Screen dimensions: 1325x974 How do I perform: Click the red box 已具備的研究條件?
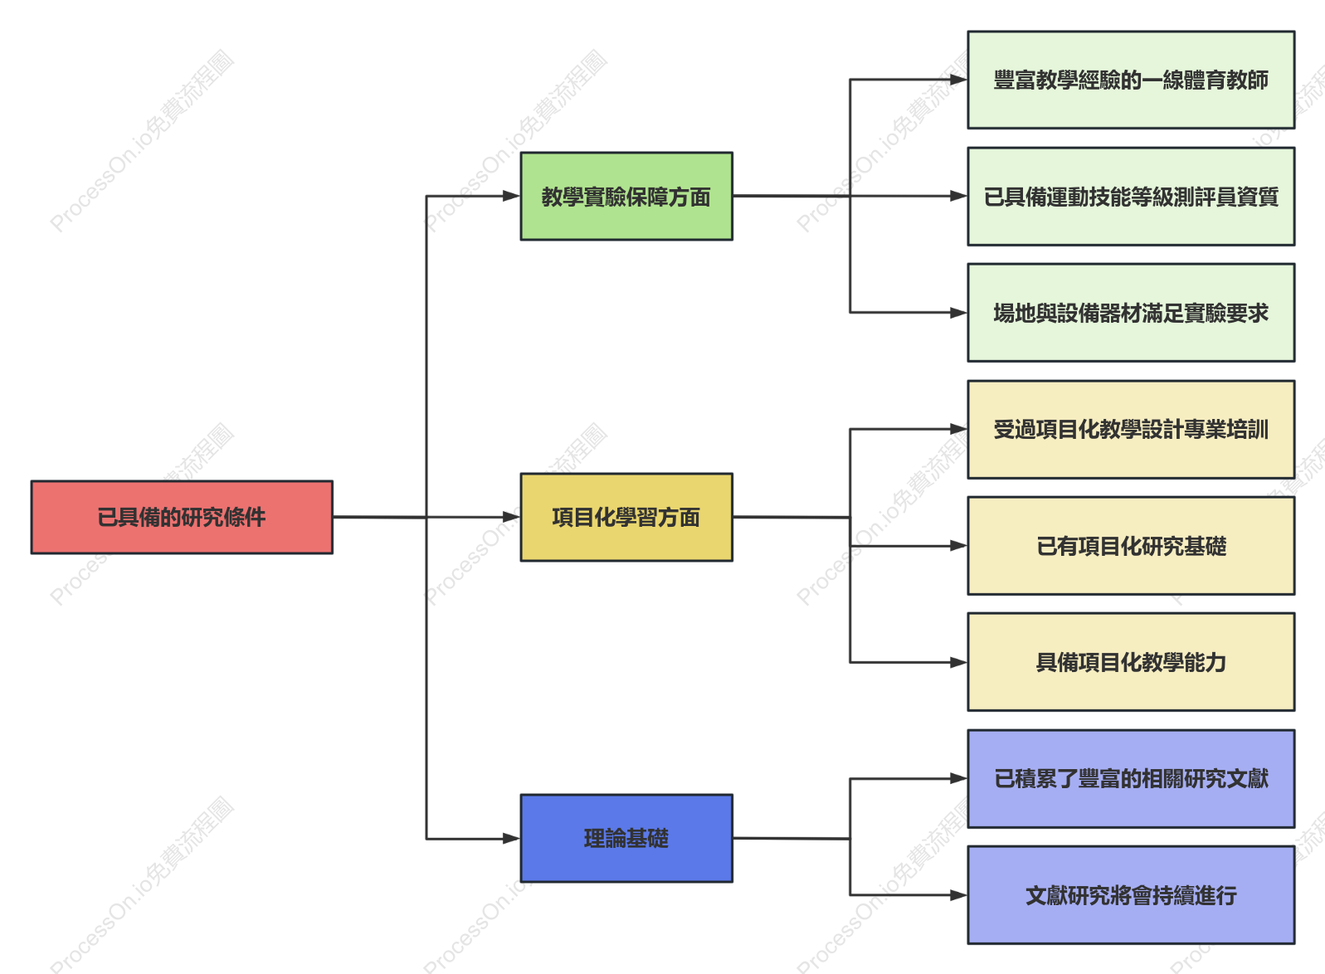click(x=182, y=517)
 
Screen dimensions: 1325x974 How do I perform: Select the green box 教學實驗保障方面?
click(x=626, y=197)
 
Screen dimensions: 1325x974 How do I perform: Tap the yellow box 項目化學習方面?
click(x=626, y=517)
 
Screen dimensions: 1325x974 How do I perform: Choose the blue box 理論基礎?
click(x=626, y=838)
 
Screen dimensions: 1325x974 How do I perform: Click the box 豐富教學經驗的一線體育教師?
click(x=1131, y=80)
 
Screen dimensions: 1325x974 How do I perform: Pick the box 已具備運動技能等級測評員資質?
click(x=1131, y=197)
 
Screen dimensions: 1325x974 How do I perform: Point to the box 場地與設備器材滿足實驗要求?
click(x=1131, y=313)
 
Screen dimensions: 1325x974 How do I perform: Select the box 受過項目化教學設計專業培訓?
click(x=1131, y=430)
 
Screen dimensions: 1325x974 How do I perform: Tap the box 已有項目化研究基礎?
click(x=1131, y=546)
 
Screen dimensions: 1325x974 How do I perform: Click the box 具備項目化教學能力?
click(x=1131, y=662)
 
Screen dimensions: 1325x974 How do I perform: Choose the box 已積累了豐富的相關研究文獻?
click(x=1131, y=779)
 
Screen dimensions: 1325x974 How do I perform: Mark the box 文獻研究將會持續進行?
click(x=1131, y=895)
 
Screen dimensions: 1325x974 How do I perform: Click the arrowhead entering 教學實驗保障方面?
click(x=512, y=196)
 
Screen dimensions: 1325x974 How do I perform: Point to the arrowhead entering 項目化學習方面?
click(x=512, y=517)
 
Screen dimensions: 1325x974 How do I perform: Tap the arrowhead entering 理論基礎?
click(x=512, y=839)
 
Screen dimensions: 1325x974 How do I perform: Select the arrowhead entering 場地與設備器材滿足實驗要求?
click(x=959, y=313)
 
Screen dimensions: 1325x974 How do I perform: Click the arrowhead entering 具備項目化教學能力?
click(x=959, y=662)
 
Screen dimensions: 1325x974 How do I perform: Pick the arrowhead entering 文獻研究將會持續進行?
click(x=959, y=895)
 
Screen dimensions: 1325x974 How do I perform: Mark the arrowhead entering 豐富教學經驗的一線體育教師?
click(x=959, y=80)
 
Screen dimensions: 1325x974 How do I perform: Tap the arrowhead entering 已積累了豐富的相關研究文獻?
click(x=959, y=779)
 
